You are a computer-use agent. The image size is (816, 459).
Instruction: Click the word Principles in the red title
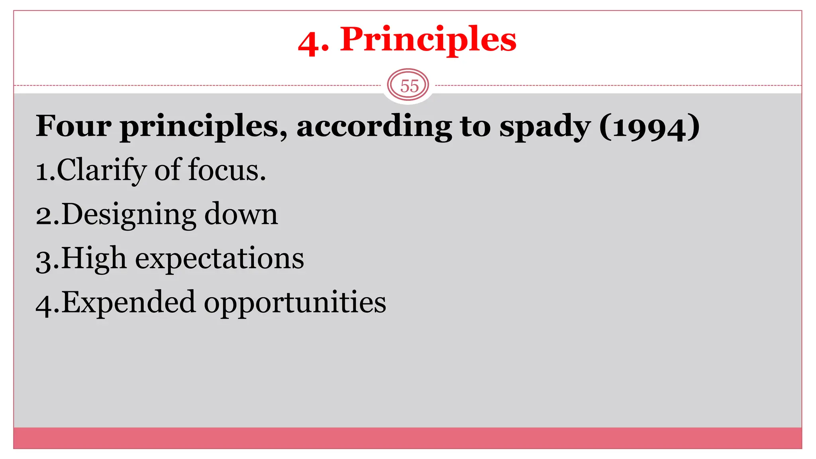point(428,40)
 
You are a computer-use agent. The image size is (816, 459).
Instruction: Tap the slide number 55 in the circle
point(409,86)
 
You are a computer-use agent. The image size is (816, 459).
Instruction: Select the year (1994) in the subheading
point(649,127)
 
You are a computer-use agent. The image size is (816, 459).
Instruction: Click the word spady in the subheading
point(545,127)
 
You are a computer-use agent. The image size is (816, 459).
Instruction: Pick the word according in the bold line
point(374,127)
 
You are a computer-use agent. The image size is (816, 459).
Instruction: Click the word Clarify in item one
point(102,171)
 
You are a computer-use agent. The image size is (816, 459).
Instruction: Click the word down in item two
point(241,214)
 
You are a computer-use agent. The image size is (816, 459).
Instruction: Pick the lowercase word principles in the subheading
point(204,127)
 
